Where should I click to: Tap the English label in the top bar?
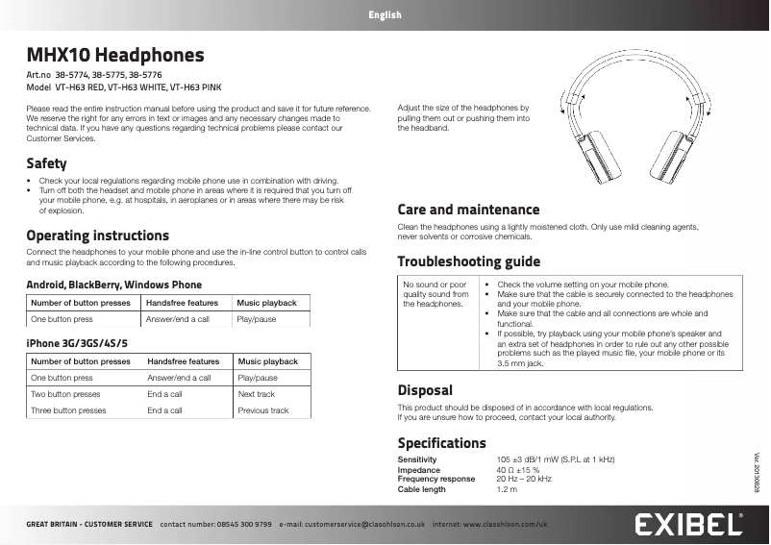pos(385,14)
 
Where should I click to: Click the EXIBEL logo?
pos(687,525)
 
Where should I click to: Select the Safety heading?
pos(46,163)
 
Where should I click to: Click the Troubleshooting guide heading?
pos(468,261)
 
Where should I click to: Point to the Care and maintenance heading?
pos(468,210)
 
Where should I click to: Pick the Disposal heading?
pos(425,390)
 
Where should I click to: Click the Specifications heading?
pos(441,443)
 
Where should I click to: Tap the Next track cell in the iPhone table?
pos(256,394)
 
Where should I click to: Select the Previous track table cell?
pos(262,410)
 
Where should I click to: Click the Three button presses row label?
pos(68,410)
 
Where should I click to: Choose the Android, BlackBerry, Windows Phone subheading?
pos(113,285)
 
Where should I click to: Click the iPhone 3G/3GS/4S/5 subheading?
pos(77,343)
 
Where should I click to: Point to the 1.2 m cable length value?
pos(507,489)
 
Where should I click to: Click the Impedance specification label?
pos(419,470)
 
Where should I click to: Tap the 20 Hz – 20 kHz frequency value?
pos(524,479)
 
